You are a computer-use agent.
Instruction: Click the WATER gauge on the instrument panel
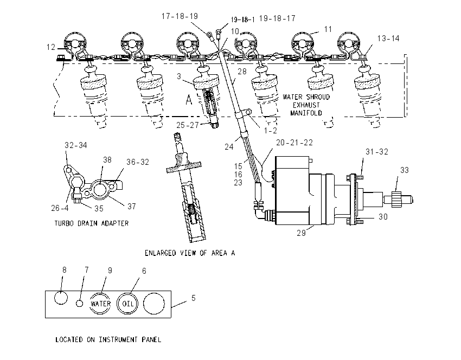click(x=100, y=304)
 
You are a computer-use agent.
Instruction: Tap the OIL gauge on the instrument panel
click(x=128, y=304)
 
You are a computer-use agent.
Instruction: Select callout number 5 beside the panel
click(x=194, y=298)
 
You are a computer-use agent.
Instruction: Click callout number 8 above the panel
click(x=65, y=270)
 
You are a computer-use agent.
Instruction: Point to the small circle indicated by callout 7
click(x=79, y=303)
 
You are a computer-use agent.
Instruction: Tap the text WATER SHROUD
click(x=306, y=97)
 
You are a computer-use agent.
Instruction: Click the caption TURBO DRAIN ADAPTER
click(x=92, y=223)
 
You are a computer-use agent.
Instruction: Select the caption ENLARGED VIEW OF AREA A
click(x=190, y=253)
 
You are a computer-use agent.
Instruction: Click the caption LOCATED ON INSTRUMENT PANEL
click(x=108, y=340)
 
